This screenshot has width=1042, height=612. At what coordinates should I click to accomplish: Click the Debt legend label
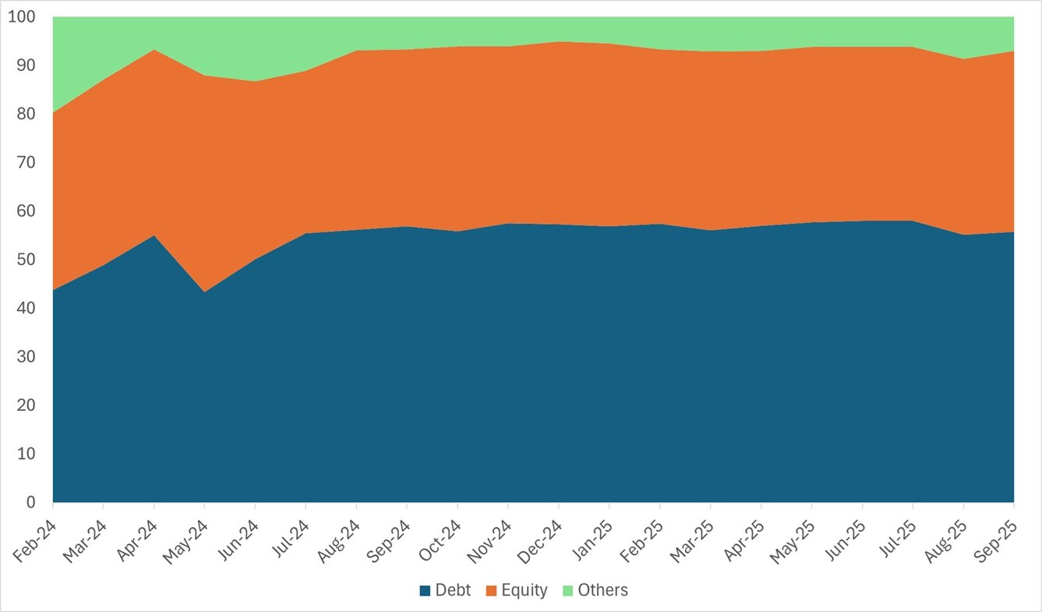(453, 590)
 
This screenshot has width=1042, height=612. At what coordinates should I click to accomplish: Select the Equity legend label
(525, 590)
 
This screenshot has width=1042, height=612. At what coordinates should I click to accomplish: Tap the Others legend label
(602, 590)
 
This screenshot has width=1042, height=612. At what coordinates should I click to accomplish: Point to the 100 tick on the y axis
(22, 16)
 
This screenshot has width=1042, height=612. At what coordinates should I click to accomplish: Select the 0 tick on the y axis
(30, 503)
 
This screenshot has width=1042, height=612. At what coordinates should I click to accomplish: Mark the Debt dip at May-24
(204, 292)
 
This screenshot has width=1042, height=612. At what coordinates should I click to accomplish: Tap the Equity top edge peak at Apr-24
(154, 49)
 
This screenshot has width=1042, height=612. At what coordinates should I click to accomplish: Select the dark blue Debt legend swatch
(424, 591)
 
